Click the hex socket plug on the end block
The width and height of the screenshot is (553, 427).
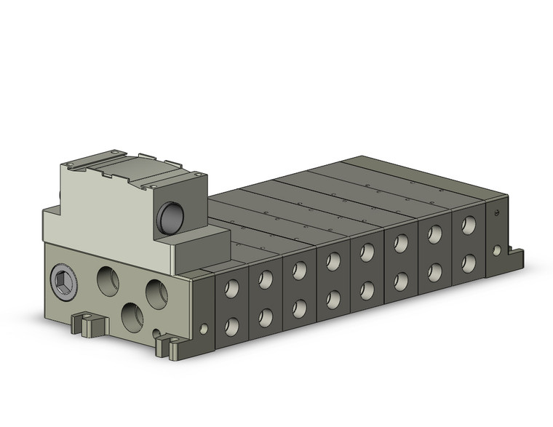(x=63, y=283)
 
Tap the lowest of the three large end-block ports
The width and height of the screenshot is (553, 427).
(x=132, y=316)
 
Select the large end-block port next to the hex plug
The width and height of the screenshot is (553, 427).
(x=108, y=280)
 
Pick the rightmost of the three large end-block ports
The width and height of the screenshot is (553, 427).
(x=156, y=293)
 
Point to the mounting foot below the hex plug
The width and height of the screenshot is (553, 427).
(x=86, y=324)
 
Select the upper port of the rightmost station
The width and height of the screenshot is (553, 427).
(x=469, y=225)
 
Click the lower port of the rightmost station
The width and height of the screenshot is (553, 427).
(x=469, y=263)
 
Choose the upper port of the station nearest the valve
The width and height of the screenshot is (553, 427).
(x=231, y=289)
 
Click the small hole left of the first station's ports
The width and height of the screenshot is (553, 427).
(x=203, y=329)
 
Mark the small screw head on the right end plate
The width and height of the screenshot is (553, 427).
(x=496, y=213)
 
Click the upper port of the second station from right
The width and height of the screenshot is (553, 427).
(x=435, y=234)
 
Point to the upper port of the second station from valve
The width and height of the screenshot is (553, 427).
(x=266, y=279)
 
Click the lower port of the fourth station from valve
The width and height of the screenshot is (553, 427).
(x=333, y=299)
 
